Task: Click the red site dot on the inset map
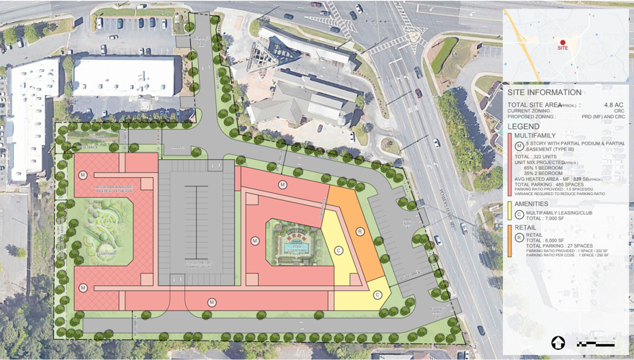563,42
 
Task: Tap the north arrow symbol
558,343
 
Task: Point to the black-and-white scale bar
594,343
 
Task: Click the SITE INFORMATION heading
544,93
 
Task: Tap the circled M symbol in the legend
519,146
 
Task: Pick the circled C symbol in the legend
519,214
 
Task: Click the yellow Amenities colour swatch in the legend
509,210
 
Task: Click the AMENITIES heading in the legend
534,204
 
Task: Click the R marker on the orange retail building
359,232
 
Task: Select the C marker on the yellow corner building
339,250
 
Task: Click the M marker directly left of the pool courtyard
254,240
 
